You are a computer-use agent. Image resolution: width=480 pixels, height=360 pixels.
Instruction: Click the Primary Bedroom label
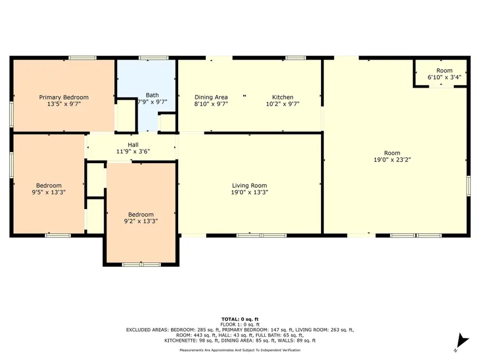click(63, 98)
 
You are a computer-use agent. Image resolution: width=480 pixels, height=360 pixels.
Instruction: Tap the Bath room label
click(152, 95)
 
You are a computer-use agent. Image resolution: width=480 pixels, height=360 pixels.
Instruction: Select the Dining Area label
click(211, 98)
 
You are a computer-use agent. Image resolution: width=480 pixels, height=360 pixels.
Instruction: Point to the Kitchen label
click(283, 98)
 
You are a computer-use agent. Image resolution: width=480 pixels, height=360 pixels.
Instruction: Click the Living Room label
click(249, 186)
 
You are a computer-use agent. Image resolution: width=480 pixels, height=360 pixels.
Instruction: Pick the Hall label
click(133, 145)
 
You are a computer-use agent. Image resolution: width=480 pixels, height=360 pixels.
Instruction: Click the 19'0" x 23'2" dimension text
click(392, 159)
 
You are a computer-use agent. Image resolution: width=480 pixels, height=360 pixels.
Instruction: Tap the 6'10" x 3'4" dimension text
click(444, 77)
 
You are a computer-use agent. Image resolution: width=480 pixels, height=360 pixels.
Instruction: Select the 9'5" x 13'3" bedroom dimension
click(49, 192)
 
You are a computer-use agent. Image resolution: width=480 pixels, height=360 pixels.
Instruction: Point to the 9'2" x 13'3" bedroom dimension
click(141, 221)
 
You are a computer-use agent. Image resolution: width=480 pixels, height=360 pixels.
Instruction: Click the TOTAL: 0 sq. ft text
click(240, 319)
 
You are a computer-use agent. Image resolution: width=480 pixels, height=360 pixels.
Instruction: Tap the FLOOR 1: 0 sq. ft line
click(240, 324)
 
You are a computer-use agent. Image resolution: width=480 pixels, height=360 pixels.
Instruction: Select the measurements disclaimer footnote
click(240, 350)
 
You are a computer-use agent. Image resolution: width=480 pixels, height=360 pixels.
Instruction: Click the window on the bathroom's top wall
click(154, 58)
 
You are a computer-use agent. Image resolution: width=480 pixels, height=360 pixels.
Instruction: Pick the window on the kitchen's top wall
click(295, 58)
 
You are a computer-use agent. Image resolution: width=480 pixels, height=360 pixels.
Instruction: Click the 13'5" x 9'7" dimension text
click(63, 104)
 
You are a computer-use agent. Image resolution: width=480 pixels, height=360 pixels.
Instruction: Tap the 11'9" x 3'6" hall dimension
click(133, 151)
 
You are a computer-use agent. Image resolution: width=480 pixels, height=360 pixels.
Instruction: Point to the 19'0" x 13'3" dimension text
click(250, 192)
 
